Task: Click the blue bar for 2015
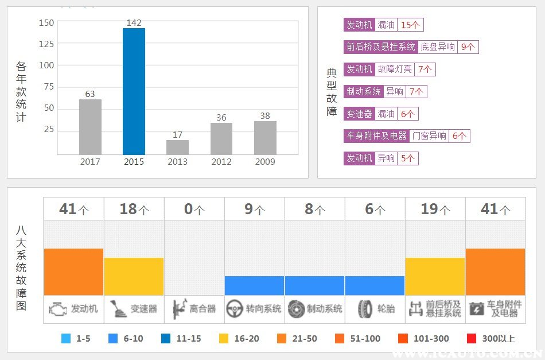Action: (x=134, y=91)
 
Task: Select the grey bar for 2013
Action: (x=177, y=147)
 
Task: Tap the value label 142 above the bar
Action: (x=134, y=23)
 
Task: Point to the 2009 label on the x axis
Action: (x=265, y=162)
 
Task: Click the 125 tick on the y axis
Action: (x=46, y=44)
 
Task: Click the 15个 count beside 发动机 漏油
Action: (x=410, y=25)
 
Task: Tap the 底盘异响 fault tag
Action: (x=437, y=47)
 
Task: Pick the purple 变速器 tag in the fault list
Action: (x=359, y=114)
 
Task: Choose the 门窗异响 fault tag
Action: (x=430, y=136)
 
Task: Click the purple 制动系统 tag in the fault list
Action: (x=363, y=91)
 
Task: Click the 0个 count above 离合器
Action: (x=194, y=210)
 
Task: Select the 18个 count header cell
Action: (x=133, y=210)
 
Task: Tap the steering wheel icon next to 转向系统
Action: (x=234, y=309)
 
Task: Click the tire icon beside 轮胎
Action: (x=365, y=309)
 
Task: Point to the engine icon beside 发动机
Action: (x=58, y=309)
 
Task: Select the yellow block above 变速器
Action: (x=134, y=276)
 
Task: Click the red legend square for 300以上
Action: (x=472, y=339)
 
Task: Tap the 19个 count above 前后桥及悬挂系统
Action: (x=435, y=210)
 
